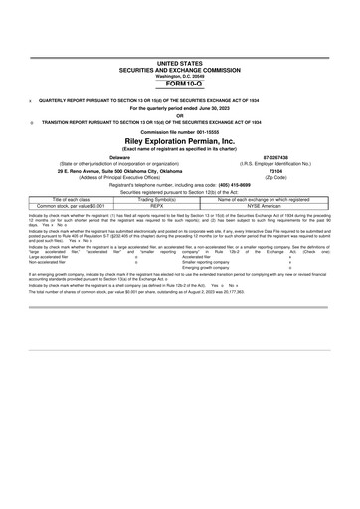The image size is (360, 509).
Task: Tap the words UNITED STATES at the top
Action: [x=179, y=63]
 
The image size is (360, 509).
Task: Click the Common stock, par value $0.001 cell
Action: [x=77, y=206]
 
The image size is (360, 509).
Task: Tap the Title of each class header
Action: [x=77, y=199]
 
